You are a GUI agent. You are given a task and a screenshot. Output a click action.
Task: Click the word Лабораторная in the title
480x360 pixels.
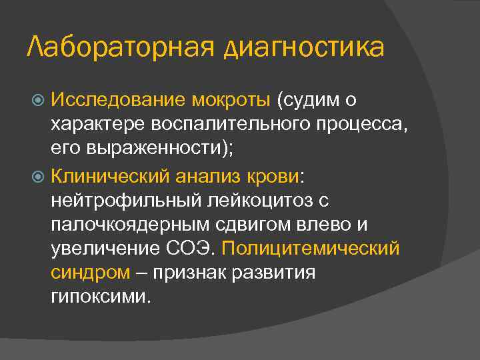pos(119,47)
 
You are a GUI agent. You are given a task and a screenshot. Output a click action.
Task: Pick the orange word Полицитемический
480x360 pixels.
pos(311,248)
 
